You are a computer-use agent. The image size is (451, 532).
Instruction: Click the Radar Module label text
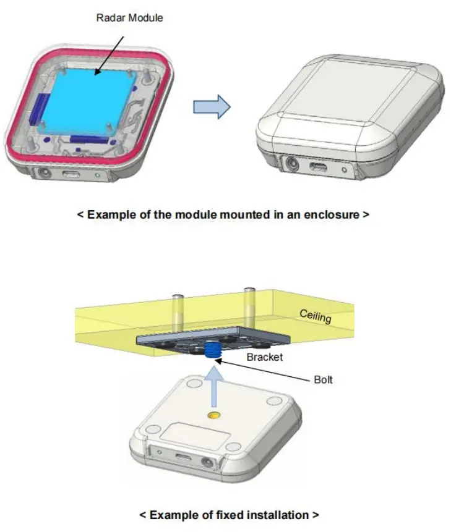(x=129, y=18)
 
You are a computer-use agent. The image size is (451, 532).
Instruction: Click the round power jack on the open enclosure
(x=45, y=172)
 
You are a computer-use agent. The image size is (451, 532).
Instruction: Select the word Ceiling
(x=316, y=316)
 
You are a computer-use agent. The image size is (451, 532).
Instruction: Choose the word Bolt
(x=323, y=379)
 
